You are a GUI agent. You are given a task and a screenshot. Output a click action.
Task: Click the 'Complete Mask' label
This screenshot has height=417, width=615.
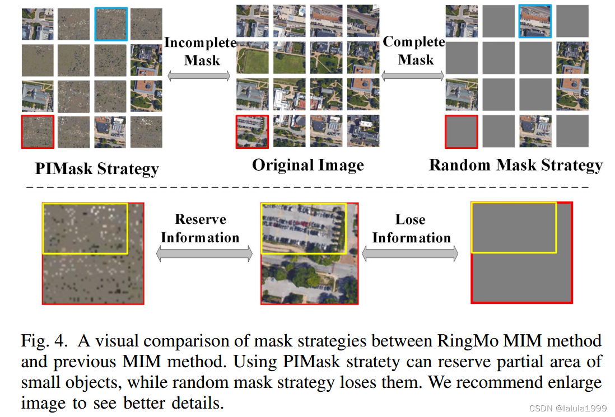[x=414, y=50]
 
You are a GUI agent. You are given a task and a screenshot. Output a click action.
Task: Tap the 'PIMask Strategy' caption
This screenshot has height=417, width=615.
[x=97, y=168]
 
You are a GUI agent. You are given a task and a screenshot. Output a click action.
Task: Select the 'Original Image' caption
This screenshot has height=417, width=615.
[x=307, y=165]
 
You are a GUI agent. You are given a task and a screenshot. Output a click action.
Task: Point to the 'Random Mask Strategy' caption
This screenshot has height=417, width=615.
[x=515, y=165]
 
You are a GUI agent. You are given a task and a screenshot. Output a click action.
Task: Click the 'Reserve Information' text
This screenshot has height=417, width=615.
[x=200, y=228]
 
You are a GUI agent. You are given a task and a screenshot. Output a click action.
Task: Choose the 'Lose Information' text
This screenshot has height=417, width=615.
[x=411, y=228]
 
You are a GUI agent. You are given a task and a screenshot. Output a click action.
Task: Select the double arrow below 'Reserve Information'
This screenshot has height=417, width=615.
[x=204, y=255]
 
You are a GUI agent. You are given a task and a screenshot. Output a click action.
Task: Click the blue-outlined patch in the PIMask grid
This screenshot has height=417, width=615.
[x=111, y=24]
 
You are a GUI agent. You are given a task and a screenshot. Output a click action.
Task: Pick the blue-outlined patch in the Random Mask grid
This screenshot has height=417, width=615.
[x=535, y=21]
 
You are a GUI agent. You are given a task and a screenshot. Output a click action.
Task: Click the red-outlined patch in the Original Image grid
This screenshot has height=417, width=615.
[x=252, y=132]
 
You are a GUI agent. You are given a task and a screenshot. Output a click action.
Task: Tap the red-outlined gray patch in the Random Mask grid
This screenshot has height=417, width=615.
[x=461, y=132]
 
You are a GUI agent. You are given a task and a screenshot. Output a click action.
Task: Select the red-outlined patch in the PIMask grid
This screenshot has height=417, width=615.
[x=38, y=132]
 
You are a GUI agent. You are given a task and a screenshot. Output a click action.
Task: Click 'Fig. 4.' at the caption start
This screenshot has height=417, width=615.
[x=46, y=340]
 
